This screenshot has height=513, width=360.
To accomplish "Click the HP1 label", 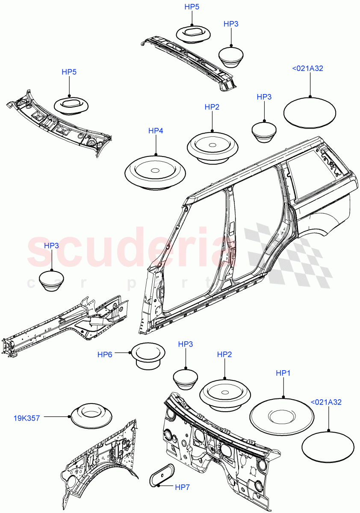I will (283, 373).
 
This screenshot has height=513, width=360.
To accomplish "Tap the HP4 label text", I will (156, 131).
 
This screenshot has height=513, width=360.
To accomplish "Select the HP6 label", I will (105, 354).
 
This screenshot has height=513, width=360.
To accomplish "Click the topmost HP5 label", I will (192, 7).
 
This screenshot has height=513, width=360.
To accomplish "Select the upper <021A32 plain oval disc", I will (310, 112).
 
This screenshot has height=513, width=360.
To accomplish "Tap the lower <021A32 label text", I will (326, 402).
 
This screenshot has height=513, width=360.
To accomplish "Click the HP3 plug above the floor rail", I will (52, 281).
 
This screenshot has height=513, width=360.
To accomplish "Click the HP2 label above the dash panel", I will (224, 354).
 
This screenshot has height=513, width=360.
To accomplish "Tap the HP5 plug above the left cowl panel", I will (71, 105).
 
